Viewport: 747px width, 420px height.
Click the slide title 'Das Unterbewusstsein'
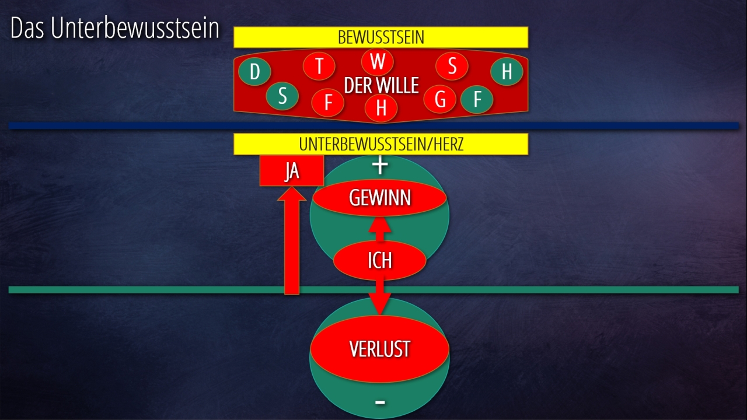[x=115, y=29]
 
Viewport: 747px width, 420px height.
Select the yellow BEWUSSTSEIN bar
[x=381, y=37]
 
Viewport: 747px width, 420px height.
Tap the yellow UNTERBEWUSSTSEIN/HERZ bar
[x=381, y=144]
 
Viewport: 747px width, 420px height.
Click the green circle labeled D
[x=254, y=72]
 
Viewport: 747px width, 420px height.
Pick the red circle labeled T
[x=319, y=66]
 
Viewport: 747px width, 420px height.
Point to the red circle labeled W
[x=378, y=61]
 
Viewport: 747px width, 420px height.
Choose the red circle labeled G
[x=440, y=99]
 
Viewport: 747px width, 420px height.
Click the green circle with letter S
[x=282, y=96]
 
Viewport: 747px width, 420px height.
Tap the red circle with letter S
[x=452, y=66]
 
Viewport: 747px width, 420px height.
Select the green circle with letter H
[x=507, y=72]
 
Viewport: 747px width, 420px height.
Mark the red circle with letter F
[x=328, y=103]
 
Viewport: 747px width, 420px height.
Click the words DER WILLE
[x=382, y=86]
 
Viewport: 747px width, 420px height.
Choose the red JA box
[x=291, y=171]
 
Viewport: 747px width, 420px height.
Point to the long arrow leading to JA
[x=291, y=245]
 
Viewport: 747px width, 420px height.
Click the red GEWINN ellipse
[x=380, y=198]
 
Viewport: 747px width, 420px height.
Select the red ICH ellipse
[x=379, y=260]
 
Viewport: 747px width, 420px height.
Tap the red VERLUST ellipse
[x=380, y=349]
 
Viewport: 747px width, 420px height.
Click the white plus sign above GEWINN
[x=380, y=166]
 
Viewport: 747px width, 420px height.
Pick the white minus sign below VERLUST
[x=380, y=401]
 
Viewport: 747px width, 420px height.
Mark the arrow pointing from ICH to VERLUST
[x=380, y=297]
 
